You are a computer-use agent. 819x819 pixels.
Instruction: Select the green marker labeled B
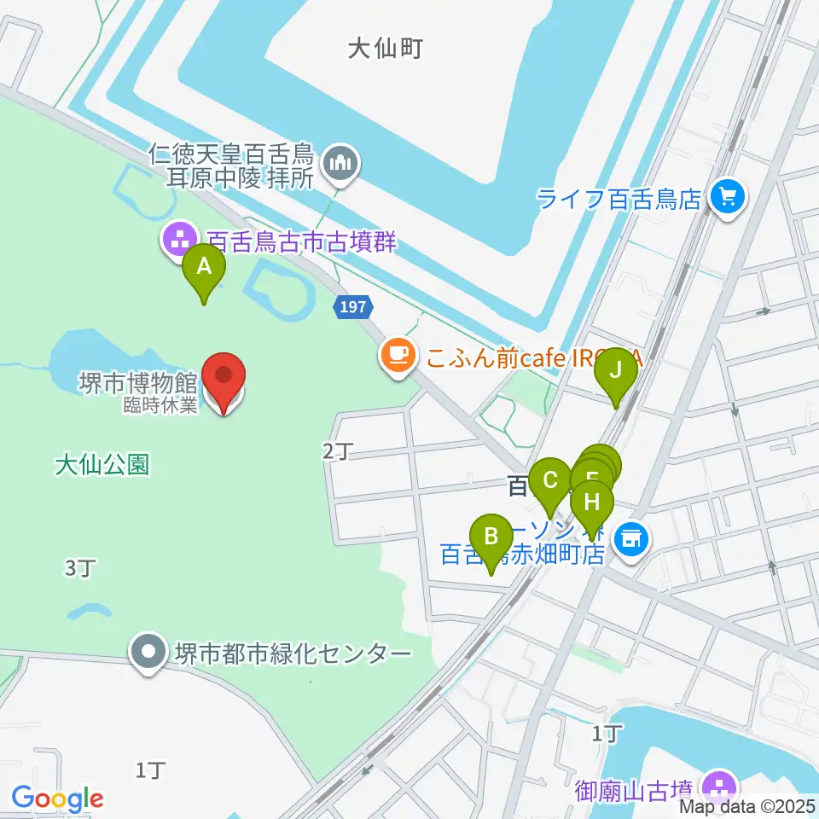(491, 539)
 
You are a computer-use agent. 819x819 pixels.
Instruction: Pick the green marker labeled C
(550, 481)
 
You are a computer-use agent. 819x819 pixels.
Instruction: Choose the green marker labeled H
(592, 503)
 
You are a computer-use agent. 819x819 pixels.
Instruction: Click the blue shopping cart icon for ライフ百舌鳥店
(728, 200)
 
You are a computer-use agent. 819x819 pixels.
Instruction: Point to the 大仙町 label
(386, 49)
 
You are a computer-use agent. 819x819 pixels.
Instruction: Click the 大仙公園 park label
(102, 464)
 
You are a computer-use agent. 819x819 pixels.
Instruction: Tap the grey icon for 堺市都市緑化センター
(149, 653)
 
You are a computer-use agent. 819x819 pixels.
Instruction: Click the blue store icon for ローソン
(631, 538)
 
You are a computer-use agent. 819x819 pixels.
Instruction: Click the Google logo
(57, 799)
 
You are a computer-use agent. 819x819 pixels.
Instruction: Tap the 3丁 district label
(78, 569)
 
